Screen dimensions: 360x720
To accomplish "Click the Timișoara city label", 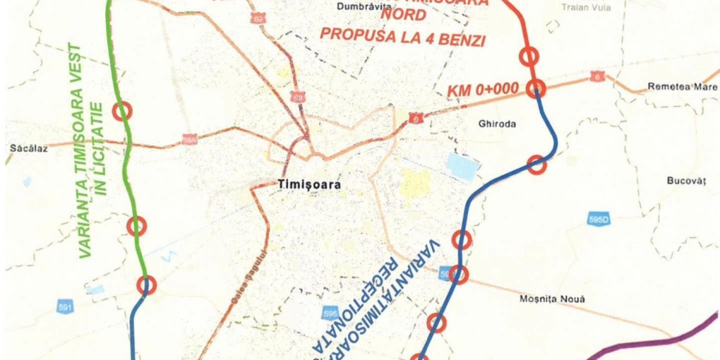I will pyautogui.click(x=309, y=185).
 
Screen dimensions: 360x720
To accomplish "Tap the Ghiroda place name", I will pyautogui.click(x=497, y=124).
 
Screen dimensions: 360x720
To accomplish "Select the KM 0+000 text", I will pyautogui.click(x=483, y=90).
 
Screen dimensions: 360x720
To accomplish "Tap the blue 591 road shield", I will pyautogui.click(x=64, y=308).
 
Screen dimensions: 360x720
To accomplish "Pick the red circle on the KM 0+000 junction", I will pyautogui.click(x=536, y=88).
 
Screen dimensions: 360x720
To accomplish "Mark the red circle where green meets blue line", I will pyautogui.click(x=147, y=285).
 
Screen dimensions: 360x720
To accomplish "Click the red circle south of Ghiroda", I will pyautogui.click(x=536, y=165).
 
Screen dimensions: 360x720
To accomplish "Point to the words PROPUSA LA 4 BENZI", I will pyautogui.click(x=402, y=37).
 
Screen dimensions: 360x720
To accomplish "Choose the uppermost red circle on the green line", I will pyautogui.click(x=122, y=111).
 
